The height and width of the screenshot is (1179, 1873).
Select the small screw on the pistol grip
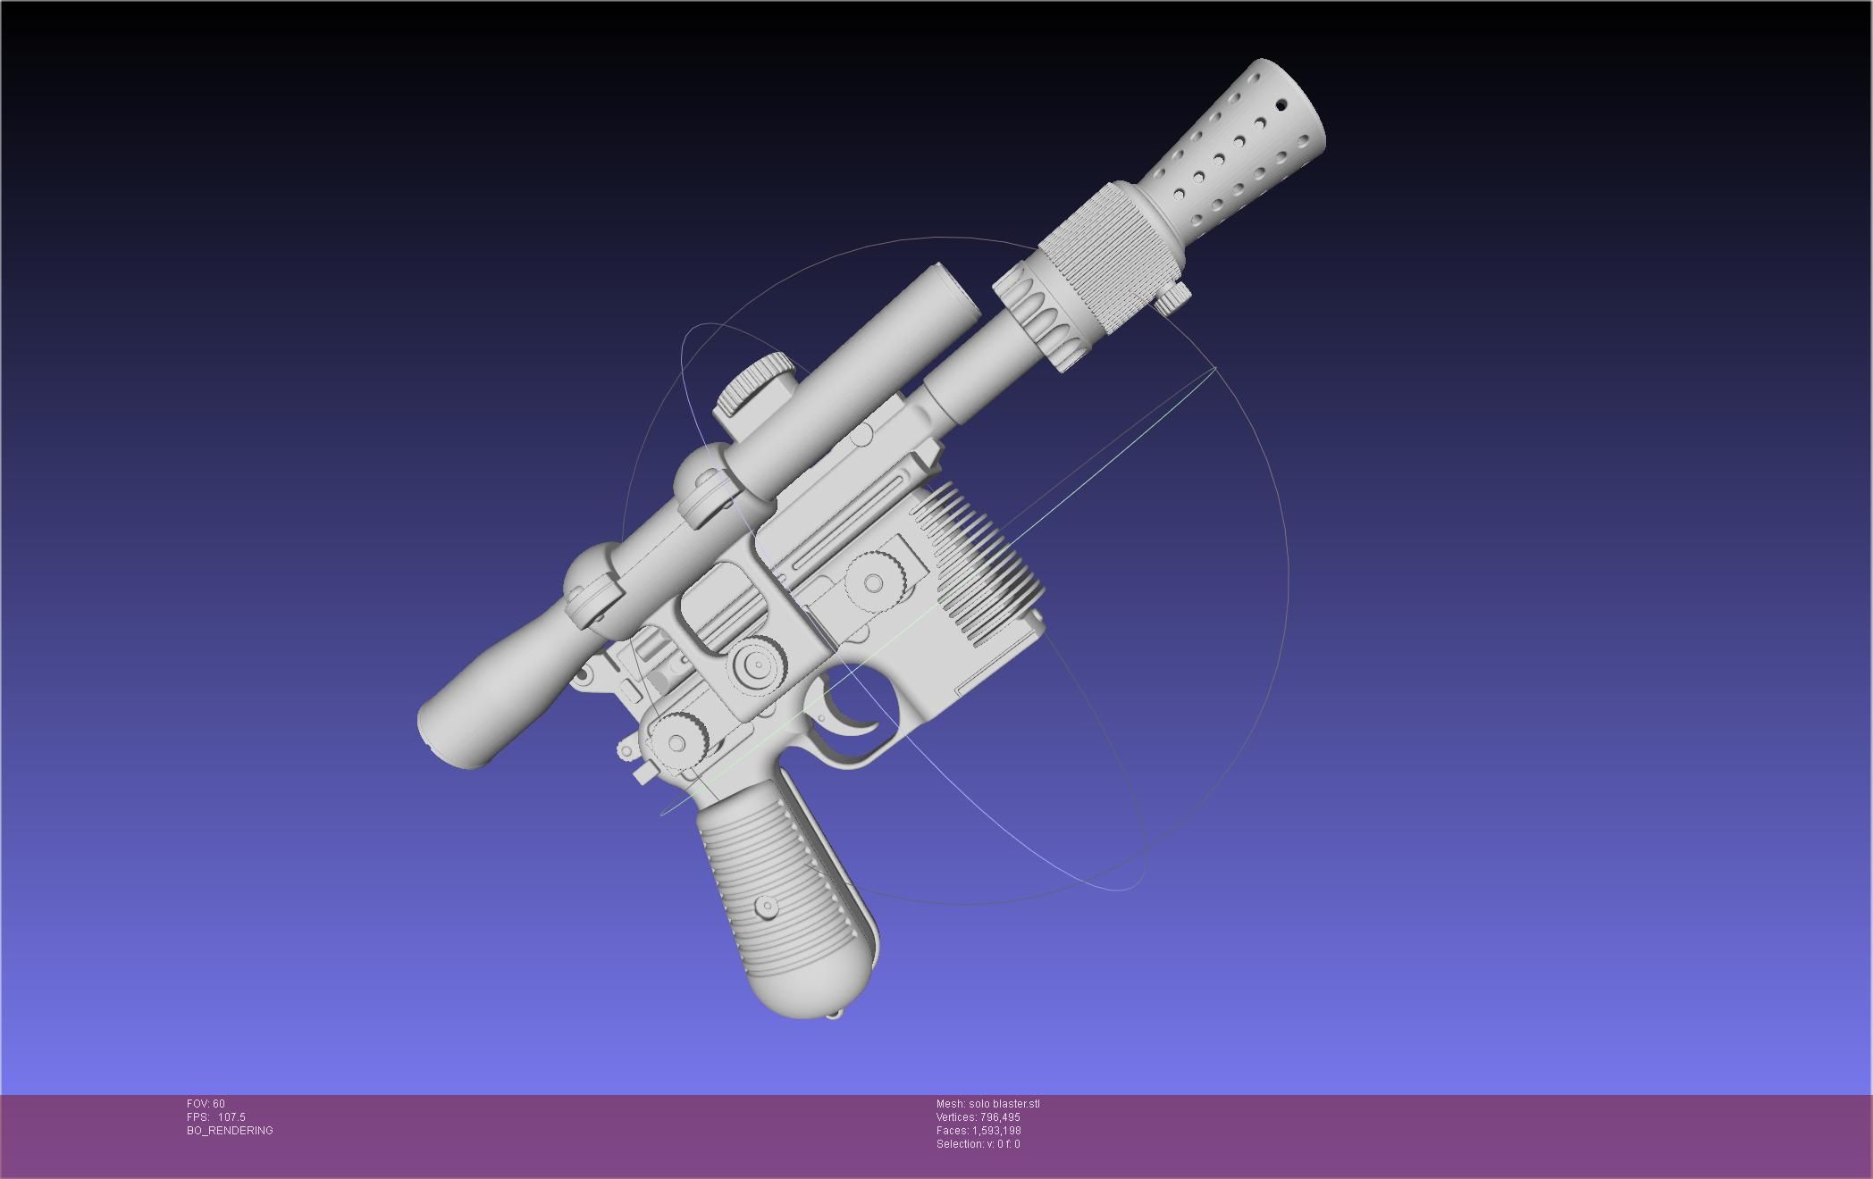click(766, 907)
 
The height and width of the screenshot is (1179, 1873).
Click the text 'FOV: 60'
click(206, 1104)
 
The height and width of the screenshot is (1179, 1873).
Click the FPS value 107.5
click(231, 1117)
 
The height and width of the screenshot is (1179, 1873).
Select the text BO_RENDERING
click(230, 1131)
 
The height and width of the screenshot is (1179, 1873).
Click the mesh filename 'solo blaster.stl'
click(1004, 1104)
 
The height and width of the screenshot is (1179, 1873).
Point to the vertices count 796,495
click(999, 1117)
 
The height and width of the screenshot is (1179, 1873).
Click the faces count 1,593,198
click(999, 1131)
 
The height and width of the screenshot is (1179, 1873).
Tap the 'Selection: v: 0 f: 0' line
click(978, 1144)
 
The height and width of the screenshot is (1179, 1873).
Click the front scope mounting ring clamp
click(706, 487)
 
